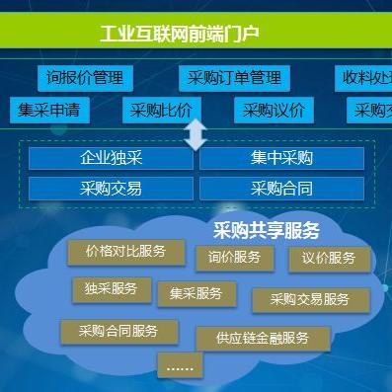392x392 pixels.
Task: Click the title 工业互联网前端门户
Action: (179, 35)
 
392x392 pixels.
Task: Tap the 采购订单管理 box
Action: (235, 77)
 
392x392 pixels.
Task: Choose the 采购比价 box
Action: (163, 110)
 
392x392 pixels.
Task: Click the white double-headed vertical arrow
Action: (196, 134)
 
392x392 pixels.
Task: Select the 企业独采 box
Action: (111, 158)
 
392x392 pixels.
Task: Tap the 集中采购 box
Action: (281, 158)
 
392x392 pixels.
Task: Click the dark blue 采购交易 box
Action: (111, 189)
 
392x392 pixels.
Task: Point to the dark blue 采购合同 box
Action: (281, 189)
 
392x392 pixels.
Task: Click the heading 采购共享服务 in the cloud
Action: (267, 231)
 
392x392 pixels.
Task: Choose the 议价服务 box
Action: (330, 259)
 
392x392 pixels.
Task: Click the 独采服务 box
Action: (112, 289)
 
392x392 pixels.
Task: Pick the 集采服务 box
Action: (196, 294)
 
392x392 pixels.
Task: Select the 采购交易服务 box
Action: (310, 300)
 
